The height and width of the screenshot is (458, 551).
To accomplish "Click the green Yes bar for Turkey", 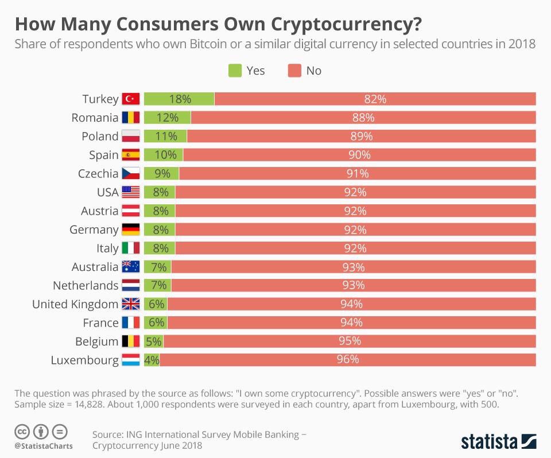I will coord(179,99).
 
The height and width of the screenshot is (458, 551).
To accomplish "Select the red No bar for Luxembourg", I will coord(347,360).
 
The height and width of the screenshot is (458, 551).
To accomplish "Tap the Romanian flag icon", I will coord(131,118).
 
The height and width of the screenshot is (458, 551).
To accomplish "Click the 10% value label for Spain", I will coord(163,155).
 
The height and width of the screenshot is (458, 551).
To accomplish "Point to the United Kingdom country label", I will coord(75,304).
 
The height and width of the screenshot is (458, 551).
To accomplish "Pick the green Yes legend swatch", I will coord(235,71).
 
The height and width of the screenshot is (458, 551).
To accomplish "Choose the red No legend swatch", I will coord(294,71).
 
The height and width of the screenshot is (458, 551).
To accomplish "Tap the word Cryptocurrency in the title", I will coord(346,25).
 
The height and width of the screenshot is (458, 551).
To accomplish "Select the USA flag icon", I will coord(131,192).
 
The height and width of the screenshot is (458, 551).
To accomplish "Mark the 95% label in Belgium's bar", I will coord(349,341).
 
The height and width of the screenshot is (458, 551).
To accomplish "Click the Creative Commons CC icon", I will coord(22,431).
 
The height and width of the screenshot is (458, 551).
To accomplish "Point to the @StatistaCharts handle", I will coord(43,446).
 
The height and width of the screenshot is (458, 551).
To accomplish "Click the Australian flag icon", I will coord(131,267).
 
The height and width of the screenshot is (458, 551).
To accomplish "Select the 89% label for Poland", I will coord(361,136).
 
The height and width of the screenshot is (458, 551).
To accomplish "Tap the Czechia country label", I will coord(98,173).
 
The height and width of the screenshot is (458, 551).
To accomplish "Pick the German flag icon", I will coord(131,230).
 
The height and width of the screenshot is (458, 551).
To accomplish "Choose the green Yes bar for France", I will coord(156,323).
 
